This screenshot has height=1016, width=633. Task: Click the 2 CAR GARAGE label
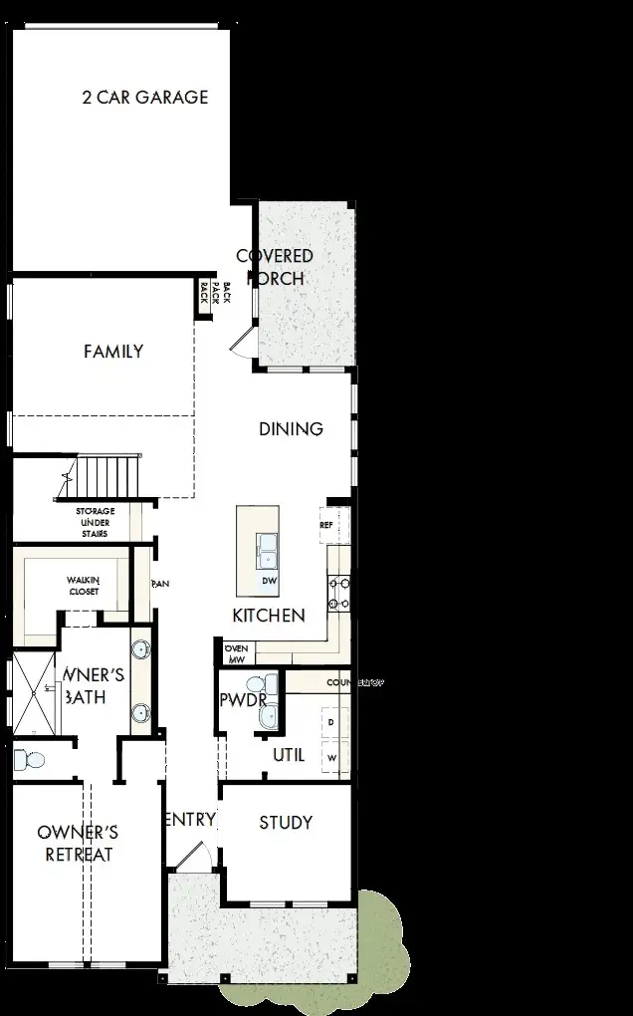pos(144,98)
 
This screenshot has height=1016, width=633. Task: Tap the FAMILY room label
pos(113,352)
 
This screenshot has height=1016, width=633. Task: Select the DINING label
pos(291,429)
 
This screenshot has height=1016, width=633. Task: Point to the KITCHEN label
pos(269,616)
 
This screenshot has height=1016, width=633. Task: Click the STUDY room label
pos(286,823)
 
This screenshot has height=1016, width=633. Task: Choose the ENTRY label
pos(188,820)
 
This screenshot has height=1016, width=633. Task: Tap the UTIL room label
pos(289,755)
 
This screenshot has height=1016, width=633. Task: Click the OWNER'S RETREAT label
pos(78,843)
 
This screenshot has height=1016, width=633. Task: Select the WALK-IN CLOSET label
pos(84,586)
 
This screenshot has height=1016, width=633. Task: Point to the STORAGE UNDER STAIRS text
pos(96,522)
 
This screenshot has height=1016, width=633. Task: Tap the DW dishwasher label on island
pos(269,581)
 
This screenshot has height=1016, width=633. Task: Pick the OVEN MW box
pos(236,653)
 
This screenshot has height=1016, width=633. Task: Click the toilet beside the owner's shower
pos(32,761)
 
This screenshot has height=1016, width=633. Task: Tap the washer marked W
pos(331,758)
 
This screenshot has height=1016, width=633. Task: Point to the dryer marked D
pos(331,720)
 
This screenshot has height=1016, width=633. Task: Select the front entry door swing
pos(193,857)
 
